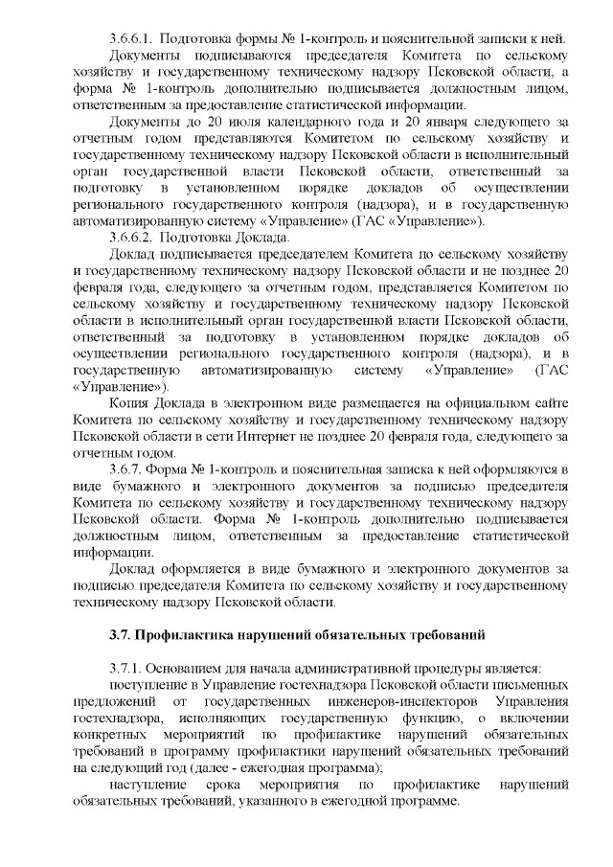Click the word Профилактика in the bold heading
pos(183,635)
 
